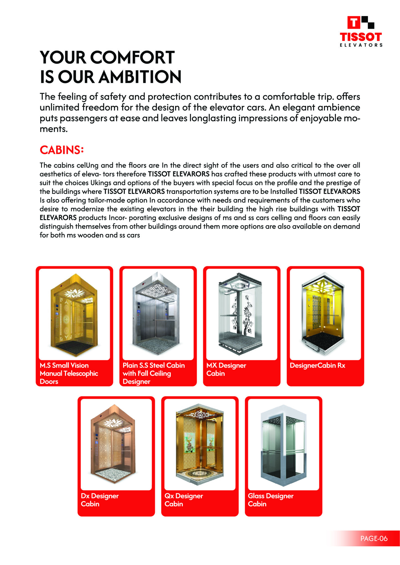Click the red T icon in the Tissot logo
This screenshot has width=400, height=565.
pyautogui.click(x=354, y=23)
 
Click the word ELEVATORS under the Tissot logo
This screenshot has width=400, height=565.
pyautogui.click(x=361, y=45)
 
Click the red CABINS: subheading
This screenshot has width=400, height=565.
pyautogui.click(x=62, y=150)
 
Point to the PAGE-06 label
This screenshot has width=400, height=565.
pyautogui.click(x=374, y=538)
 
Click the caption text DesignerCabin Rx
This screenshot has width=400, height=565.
pyautogui.click(x=317, y=365)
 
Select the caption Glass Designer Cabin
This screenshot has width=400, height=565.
pyautogui.click(x=270, y=500)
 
